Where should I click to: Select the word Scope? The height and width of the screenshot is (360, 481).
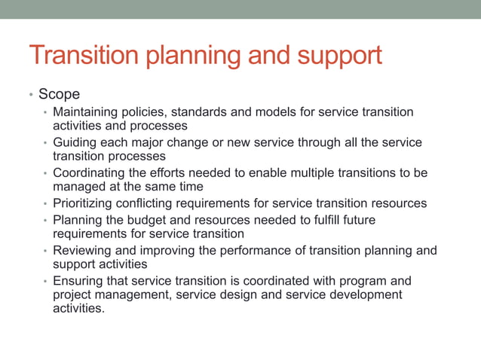pos(59,94)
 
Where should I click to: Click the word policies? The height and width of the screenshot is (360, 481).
pos(149,112)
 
